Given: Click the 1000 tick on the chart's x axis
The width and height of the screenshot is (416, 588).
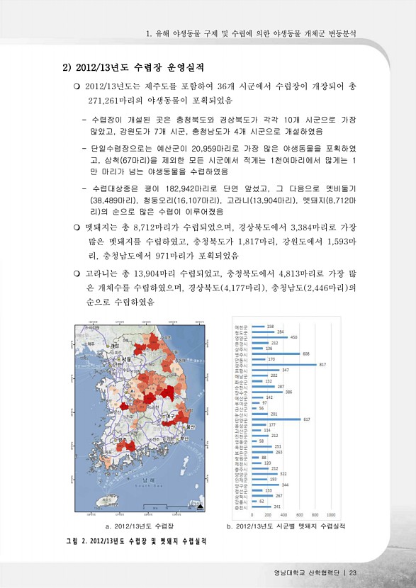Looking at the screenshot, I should (x=330, y=514).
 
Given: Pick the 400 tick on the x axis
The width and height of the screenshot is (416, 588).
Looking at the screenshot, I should (x=283, y=514).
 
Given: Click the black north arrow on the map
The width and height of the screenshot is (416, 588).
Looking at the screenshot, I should (x=200, y=507).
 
